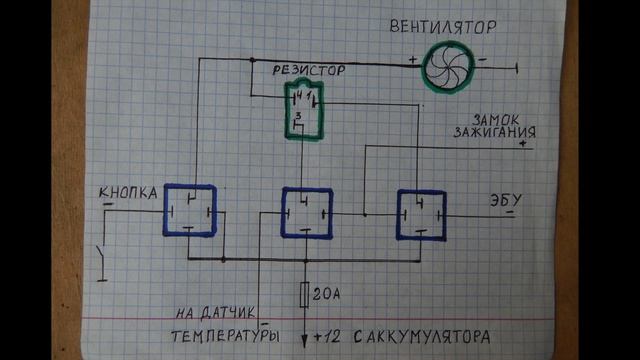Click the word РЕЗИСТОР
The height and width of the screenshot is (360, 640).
coord(309,71)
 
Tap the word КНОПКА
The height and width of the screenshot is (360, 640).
coord(128,194)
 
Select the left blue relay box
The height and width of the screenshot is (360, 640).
coord(191,210)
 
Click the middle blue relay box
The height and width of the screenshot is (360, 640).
coord(306,212)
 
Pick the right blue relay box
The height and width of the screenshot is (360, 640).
coord(420,212)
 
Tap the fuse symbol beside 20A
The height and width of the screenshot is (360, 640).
coord(305,294)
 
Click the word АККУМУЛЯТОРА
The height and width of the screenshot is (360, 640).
coord(431,335)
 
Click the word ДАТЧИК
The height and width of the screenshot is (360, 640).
coord(235,311)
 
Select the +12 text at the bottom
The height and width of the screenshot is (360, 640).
coord(329,336)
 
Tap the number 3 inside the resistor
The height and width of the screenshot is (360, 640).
coord(298,117)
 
